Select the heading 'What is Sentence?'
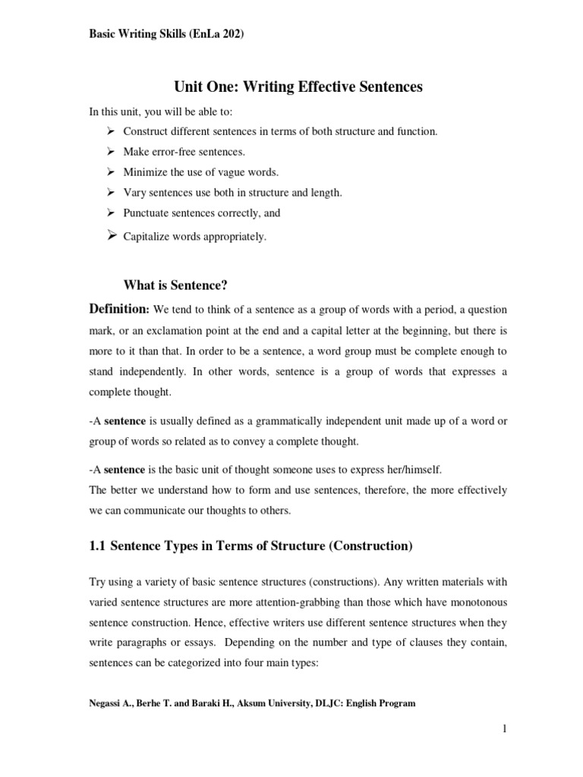[x=175, y=285]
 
